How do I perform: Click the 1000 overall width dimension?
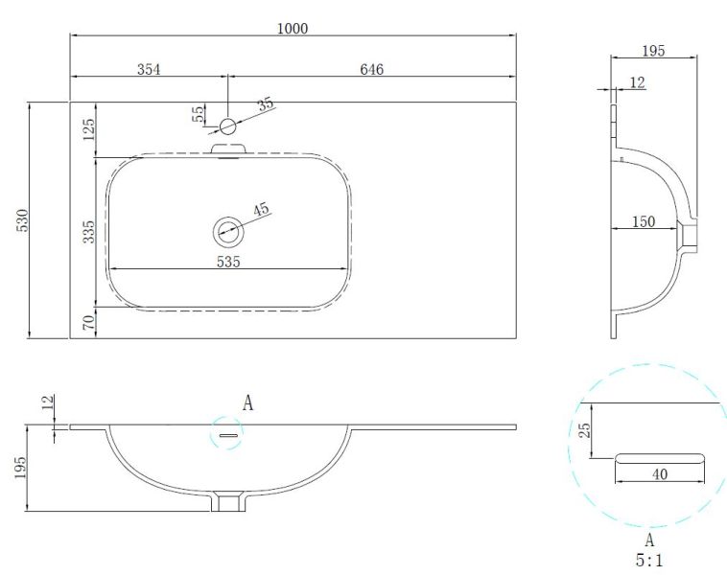pyautogui.click(x=293, y=29)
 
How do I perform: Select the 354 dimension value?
pyautogui.click(x=148, y=69)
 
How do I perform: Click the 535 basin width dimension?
pyautogui.click(x=227, y=261)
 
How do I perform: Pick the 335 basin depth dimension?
pyautogui.click(x=88, y=231)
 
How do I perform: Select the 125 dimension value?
pyautogui.click(x=88, y=129)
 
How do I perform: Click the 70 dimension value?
pyautogui.click(x=88, y=323)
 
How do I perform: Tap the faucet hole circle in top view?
pyautogui.click(x=227, y=126)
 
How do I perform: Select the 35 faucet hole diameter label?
pyautogui.click(x=266, y=103)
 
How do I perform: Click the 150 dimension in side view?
pyautogui.click(x=643, y=221)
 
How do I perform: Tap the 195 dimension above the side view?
pyautogui.click(x=654, y=50)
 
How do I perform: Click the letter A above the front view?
pyautogui.click(x=247, y=403)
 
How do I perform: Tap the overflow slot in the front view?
pyautogui.click(x=227, y=436)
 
